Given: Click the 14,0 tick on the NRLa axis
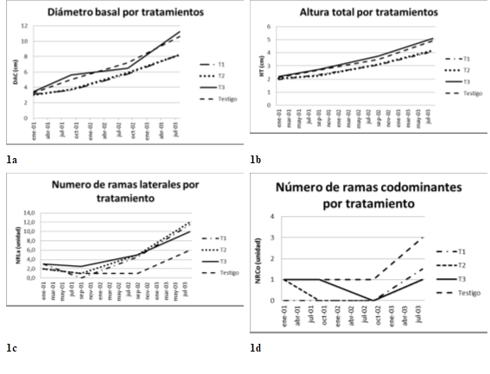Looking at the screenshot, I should (29, 212).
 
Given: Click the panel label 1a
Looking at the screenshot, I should (10, 160).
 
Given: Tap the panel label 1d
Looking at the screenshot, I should (257, 348).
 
